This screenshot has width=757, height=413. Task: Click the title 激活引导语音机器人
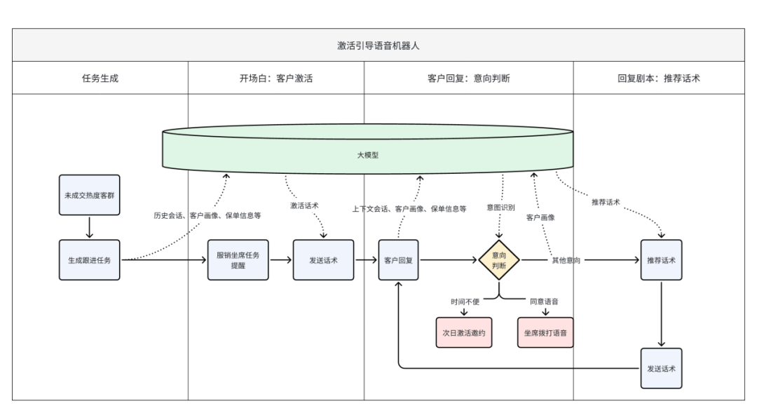(378, 46)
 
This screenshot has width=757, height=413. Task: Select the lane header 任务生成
(100, 78)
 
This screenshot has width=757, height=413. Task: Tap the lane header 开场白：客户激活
(275, 78)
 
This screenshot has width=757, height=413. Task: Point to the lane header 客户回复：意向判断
(468, 78)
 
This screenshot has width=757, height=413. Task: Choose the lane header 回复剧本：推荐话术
(658, 78)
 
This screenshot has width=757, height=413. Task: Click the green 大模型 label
(368, 155)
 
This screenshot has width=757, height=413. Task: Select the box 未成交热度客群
(89, 194)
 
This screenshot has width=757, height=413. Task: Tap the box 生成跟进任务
(89, 259)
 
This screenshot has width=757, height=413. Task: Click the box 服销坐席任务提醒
(238, 259)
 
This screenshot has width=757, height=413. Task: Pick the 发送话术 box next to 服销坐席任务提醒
(323, 259)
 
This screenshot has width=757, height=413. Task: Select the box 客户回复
(398, 259)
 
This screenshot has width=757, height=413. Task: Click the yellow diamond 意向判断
(499, 260)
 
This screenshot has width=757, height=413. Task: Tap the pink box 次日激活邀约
(463, 332)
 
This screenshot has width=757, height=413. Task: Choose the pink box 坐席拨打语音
(545, 332)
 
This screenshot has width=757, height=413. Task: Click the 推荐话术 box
(661, 259)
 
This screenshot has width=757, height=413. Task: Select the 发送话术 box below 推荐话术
(661, 368)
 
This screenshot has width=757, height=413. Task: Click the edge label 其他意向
(565, 260)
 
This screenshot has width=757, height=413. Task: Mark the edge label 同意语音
(544, 302)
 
